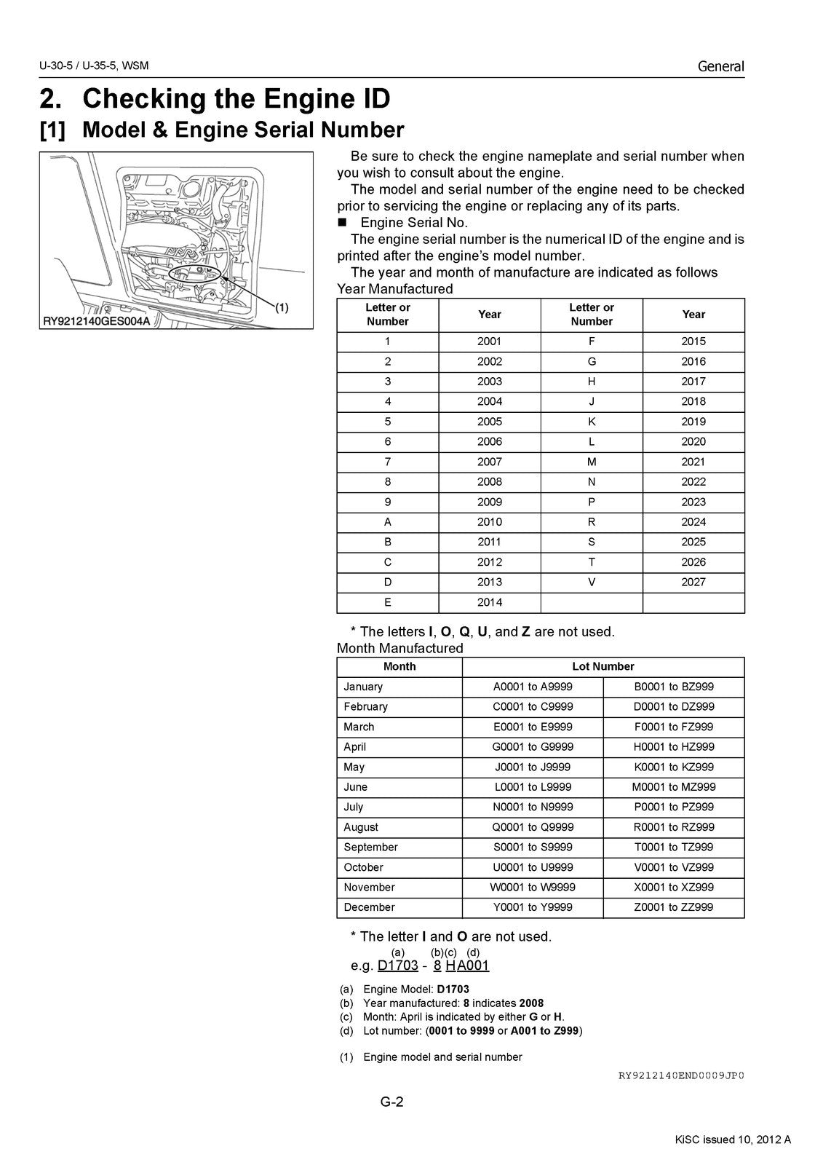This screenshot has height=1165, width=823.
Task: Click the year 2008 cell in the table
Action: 489,481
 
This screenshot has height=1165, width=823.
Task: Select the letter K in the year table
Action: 592,422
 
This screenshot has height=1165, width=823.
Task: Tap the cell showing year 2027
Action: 693,582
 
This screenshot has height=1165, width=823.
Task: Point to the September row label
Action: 370,847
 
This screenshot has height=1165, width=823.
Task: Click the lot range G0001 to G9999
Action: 533,746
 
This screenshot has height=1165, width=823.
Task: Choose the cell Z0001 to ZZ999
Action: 674,907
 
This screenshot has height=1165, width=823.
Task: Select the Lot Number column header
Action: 603,666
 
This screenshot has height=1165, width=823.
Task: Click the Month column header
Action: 399,666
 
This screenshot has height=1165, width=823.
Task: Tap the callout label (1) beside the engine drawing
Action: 281,307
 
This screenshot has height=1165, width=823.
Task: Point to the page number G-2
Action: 391,1102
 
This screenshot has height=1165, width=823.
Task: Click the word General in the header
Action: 720,66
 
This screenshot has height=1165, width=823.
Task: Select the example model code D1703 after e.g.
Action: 398,965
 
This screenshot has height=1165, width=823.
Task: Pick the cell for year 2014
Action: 489,602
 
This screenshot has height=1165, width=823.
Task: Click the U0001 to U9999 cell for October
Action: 533,867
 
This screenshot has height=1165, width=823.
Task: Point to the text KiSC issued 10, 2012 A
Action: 731,1140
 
